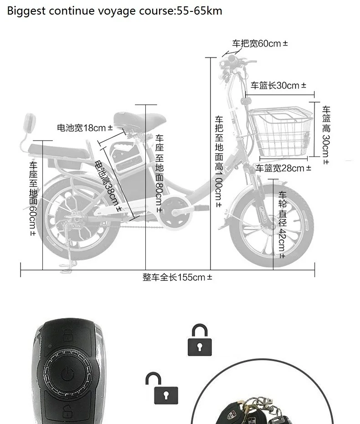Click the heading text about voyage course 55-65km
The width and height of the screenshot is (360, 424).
[114, 10]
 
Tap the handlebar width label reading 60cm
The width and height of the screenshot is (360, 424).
[260, 44]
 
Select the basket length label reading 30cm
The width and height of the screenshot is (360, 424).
[278, 85]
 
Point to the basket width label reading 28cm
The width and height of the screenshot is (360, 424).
[283, 168]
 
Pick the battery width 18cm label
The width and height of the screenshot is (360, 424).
[85, 128]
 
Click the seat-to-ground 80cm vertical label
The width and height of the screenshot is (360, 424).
[159, 173]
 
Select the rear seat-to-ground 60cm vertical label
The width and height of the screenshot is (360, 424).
[33, 198]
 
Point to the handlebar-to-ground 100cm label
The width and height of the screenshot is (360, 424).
[219, 162]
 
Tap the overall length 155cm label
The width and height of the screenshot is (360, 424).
[177, 277]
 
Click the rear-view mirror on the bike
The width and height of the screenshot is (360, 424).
[30, 123]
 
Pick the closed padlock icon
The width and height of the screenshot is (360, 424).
[200, 340]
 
